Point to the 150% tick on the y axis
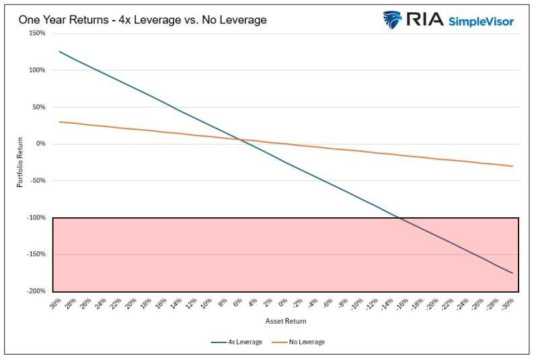click(x=36, y=33)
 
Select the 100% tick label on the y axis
click(x=36, y=70)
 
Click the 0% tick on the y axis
click(x=40, y=144)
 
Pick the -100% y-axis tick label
click(x=35, y=218)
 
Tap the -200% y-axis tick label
click(x=35, y=291)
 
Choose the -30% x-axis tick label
click(x=510, y=303)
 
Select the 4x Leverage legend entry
click(x=237, y=342)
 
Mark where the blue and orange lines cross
click(x=243, y=139)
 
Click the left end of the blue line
click(x=60, y=51)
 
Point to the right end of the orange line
click(x=512, y=166)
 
